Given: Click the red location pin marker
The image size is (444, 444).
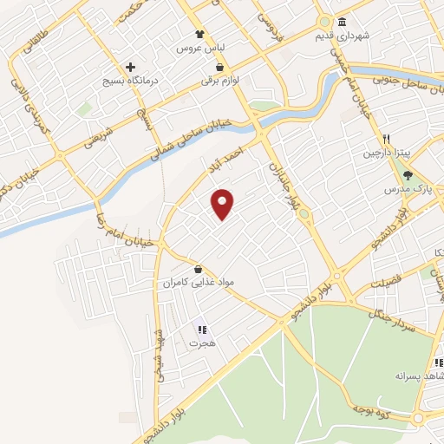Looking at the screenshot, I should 223,204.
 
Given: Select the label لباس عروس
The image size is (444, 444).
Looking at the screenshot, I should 201,49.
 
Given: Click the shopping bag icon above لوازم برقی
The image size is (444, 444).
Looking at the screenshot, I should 220,66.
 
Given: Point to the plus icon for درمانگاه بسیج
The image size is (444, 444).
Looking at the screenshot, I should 130,67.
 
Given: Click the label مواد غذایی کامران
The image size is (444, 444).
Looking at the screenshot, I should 199,283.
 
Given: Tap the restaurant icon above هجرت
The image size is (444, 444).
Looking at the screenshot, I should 202,330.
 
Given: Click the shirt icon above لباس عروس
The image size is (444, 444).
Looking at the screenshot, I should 201,34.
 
